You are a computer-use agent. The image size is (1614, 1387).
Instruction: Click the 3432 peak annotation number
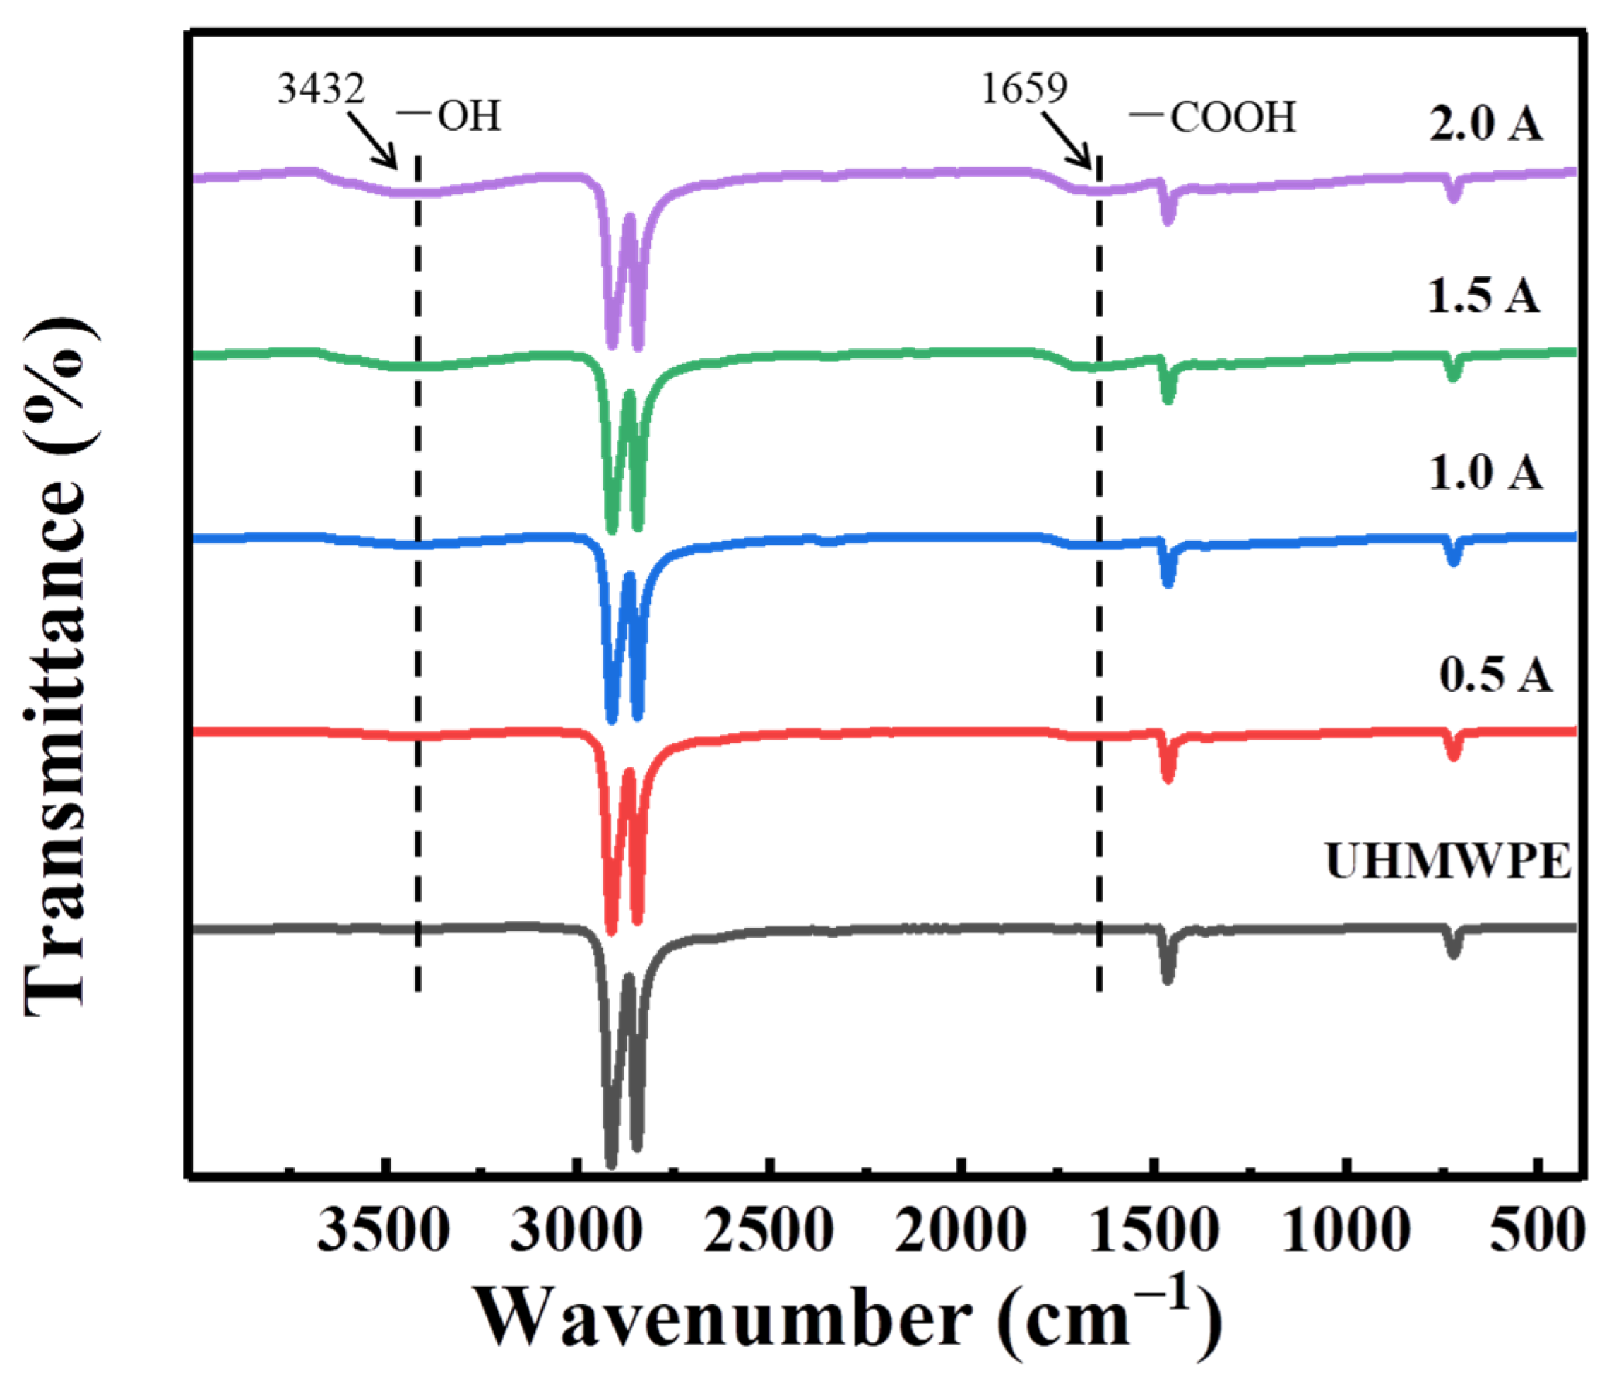321,90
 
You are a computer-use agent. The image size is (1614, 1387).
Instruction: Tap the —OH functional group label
449,117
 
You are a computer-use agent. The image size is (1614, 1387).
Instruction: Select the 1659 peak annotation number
1023,90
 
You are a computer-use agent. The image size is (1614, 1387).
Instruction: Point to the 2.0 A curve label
1485,124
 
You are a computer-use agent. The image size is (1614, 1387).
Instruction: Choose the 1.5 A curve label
1483,296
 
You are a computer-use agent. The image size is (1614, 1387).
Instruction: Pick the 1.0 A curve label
1485,473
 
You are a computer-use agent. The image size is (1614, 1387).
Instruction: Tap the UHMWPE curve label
1448,863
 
